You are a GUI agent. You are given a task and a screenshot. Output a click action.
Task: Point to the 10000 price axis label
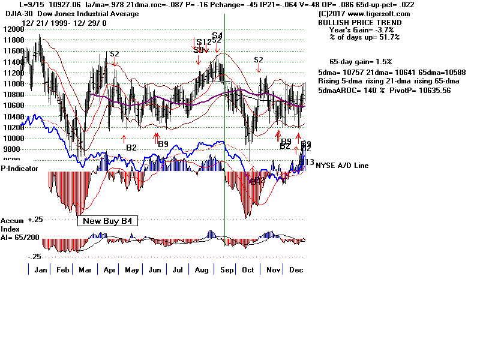(x=11, y=138)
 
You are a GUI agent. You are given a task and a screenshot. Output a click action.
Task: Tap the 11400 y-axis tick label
(x=11, y=62)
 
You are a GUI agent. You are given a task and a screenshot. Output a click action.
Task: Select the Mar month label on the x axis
(x=85, y=271)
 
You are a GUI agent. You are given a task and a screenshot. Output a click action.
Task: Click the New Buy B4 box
(x=108, y=221)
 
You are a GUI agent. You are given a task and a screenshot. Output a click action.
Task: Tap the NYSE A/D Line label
(x=342, y=166)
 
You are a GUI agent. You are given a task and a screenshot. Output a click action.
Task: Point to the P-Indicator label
(x=20, y=169)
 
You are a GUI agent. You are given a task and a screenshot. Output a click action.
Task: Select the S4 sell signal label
(x=217, y=36)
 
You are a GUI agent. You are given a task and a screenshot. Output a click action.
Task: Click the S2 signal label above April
(x=115, y=54)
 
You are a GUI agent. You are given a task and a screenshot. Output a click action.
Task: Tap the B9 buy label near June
(x=163, y=144)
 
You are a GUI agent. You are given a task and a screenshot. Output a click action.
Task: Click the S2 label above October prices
(x=259, y=60)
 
